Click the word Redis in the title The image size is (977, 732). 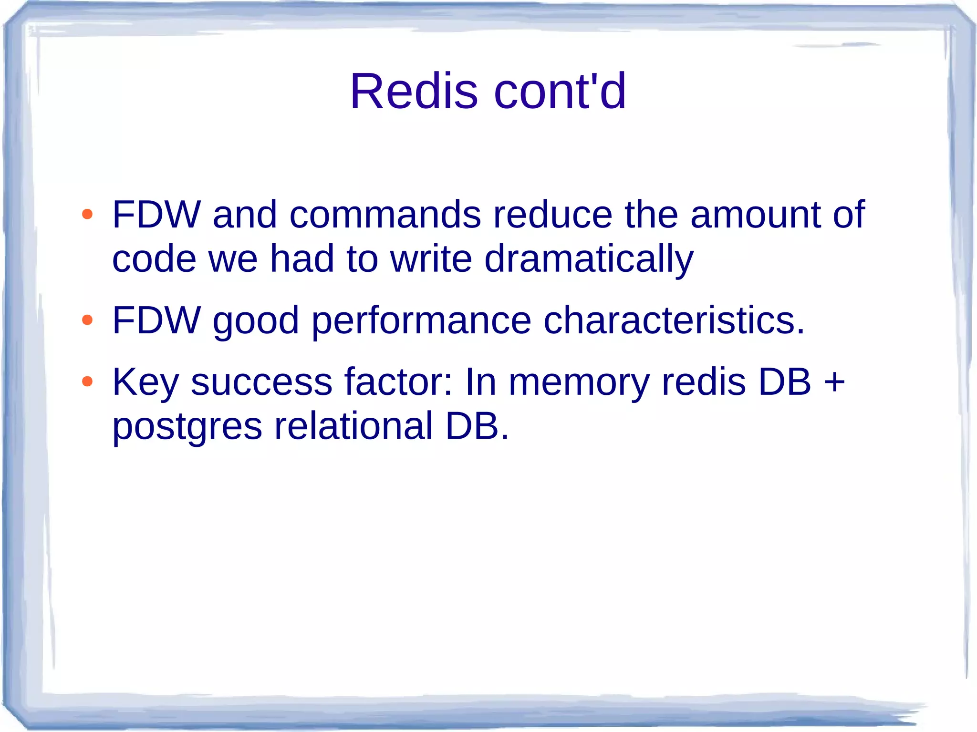414,92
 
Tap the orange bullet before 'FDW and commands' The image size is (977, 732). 87,215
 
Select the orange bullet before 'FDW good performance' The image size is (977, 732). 87,320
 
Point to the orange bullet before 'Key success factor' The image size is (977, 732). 87,381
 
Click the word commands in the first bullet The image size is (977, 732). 385,215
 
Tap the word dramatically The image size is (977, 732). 588,259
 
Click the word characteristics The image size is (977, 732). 674,320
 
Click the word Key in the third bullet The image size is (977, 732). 146,382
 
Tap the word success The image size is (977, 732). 261,382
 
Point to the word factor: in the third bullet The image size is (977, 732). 398,381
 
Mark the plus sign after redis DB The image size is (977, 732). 834,382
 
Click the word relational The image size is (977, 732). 353,425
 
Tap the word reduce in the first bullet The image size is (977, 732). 552,215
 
